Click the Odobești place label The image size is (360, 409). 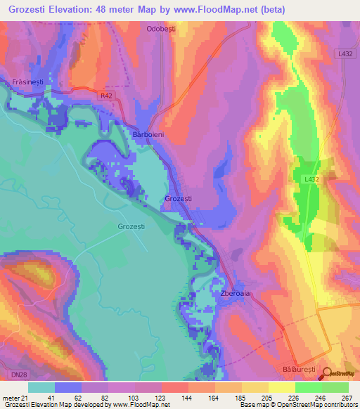[160, 30]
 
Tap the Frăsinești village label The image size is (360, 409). [29, 82]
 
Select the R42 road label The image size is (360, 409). [105, 94]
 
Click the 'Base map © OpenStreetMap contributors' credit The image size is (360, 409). [296, 405]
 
